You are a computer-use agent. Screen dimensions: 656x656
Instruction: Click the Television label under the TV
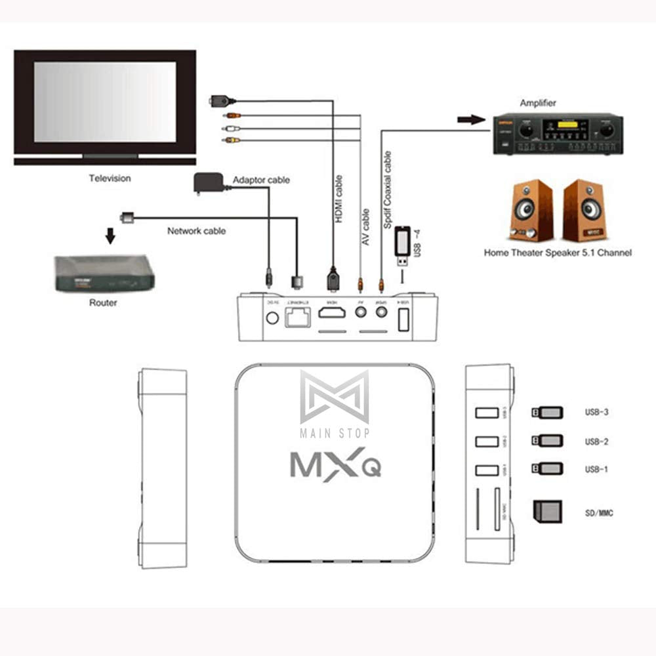tap(110, 178)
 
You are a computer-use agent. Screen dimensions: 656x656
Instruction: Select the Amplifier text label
tap(538, 103)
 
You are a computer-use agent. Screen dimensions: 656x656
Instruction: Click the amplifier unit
tap(558, 134)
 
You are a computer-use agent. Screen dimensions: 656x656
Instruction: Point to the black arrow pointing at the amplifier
tap(468, 120)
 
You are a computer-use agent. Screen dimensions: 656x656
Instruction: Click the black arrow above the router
tap(111, 235)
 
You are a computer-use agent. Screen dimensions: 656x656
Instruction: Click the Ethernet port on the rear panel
tap(299, 318)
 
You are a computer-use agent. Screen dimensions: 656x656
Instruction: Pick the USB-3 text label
tap(596, 413)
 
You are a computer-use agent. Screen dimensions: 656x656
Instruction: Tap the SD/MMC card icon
tap(546, 511)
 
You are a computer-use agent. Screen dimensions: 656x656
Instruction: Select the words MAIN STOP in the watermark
tap(335, 433)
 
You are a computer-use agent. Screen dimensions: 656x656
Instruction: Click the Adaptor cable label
tap(261, 180)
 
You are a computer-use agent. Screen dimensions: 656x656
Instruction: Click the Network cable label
tap(196, 231)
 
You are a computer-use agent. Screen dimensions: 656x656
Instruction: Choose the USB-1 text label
tap(596, 470)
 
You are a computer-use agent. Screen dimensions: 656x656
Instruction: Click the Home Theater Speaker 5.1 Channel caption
tap(558, 252)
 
